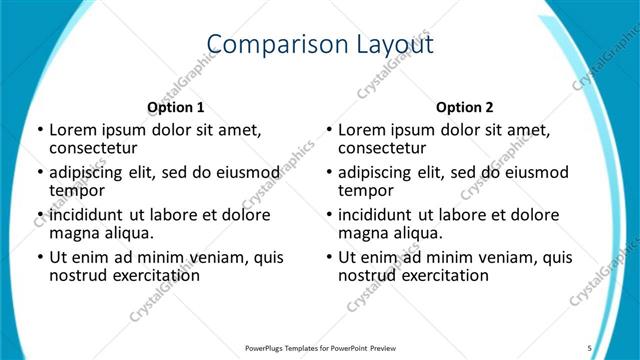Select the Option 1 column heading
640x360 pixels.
click(175, 107)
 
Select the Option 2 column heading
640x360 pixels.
click(465, 107)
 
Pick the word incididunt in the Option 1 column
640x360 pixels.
click(86, 215)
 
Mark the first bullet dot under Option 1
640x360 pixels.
click(38, 130)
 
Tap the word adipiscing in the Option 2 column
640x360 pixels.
click(378, 172)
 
